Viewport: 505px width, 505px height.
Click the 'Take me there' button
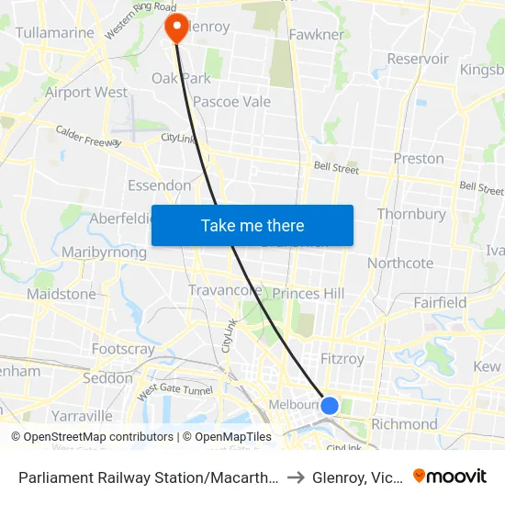252,225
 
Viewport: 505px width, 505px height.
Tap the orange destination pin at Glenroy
174,28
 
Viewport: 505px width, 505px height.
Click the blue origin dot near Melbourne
330,405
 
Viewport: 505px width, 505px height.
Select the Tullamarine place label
55,33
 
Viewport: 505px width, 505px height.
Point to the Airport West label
86,92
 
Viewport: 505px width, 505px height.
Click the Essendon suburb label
160,185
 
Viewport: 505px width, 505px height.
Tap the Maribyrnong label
104,252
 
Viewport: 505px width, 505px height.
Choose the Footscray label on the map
123,349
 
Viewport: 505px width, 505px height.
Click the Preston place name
419,158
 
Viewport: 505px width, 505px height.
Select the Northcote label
400,263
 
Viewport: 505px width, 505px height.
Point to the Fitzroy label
342,359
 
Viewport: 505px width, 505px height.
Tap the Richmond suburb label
405,424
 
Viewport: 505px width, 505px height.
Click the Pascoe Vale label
231,101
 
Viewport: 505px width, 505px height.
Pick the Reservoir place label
418,59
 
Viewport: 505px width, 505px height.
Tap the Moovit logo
450,476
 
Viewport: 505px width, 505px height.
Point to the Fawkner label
317,35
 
